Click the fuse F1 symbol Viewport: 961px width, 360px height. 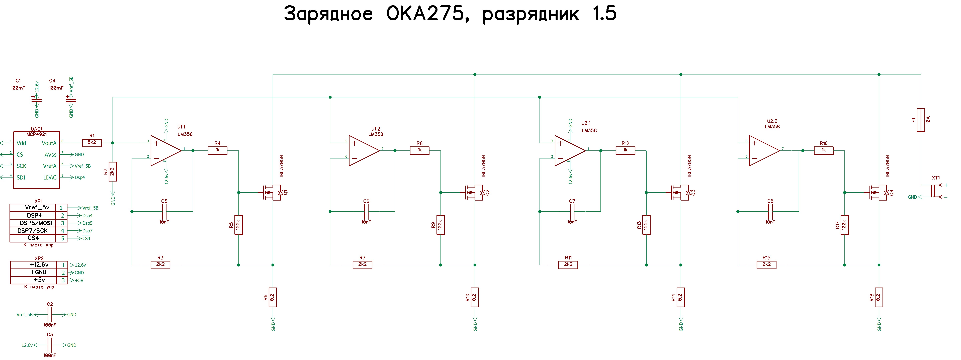921,120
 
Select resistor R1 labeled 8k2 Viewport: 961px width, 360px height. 92,142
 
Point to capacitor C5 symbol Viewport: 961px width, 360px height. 164,212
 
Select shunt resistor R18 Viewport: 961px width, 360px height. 879,297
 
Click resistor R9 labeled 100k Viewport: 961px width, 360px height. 441,225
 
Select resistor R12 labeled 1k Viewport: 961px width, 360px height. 625,150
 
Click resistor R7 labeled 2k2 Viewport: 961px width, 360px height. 362,265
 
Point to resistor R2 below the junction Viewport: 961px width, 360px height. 113,172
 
